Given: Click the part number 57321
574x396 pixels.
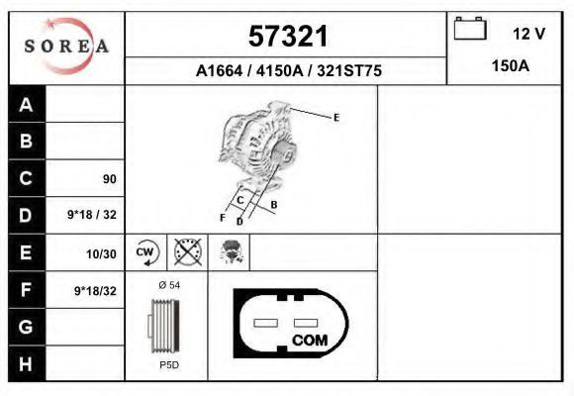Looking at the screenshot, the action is coord(288,37).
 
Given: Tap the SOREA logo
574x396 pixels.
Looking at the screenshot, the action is coord(67,47).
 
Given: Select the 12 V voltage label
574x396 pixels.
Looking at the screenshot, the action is coord(529,34).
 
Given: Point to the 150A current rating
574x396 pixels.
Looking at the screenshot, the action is coord(511,66).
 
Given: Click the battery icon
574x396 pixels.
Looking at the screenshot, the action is coord(470,28).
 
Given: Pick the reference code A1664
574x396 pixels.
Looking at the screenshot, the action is coord(220,70).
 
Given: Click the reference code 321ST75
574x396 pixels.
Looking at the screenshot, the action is coord(349,70).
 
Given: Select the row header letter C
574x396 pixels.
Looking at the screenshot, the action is coord(26,178).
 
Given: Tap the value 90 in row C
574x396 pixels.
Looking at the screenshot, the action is coord(110,179).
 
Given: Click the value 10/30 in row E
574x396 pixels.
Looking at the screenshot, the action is coord(101,253).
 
